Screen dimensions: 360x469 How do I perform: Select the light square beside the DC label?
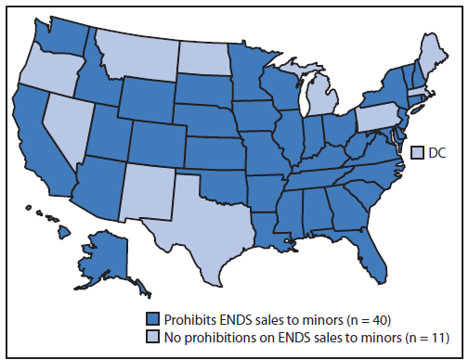coord(417,152)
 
